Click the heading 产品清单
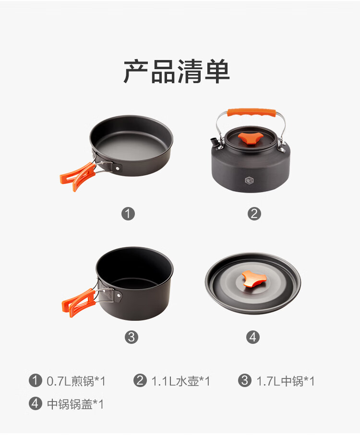tap(177, 72)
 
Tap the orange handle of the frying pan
tap(78, 176)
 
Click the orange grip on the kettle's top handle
tap(252, 112)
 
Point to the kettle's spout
tap(214, 141)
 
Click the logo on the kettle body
tap(249, 181)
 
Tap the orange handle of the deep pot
tap(79, 303)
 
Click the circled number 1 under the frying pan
tap(128, 214)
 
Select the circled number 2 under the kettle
tap(254, 214)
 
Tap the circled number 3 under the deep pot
tap(132, 337)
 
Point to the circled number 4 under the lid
tap(253, 337)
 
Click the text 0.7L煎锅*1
tap(76, 381)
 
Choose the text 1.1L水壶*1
tap(180, 381)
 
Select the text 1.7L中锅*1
tap(286, 381)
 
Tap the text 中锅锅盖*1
tap(75, 404)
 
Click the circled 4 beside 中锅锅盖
tap(35, 403)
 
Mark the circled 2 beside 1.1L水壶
tap(140, 380)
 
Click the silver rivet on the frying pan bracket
tap(118, 168)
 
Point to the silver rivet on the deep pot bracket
tap(119, 295)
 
